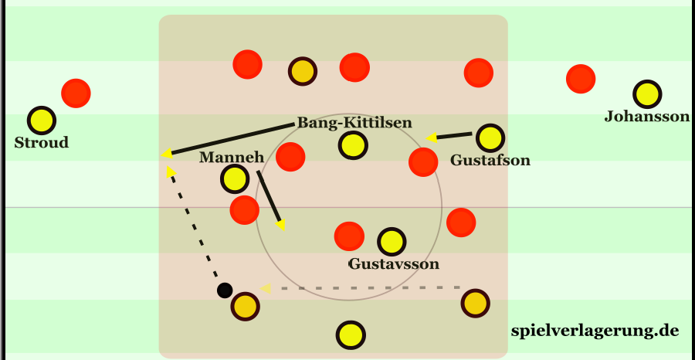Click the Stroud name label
point(41,143)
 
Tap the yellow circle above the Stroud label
point(42,120)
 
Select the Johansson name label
point(646,117)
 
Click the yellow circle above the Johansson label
point(647,94)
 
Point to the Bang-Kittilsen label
point(354,123)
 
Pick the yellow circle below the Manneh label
point(234,180)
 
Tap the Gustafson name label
point(490,161)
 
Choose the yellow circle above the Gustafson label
point(490,138)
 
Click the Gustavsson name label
point(393,264)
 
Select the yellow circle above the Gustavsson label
point(392,242)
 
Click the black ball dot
point(224,290)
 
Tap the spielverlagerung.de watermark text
point(595,331)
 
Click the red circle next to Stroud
point(76,93)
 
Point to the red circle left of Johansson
point(581,78)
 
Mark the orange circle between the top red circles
point(302,71)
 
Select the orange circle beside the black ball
point(246,306)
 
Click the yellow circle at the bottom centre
point(351,335)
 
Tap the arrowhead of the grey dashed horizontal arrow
point(266,288)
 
